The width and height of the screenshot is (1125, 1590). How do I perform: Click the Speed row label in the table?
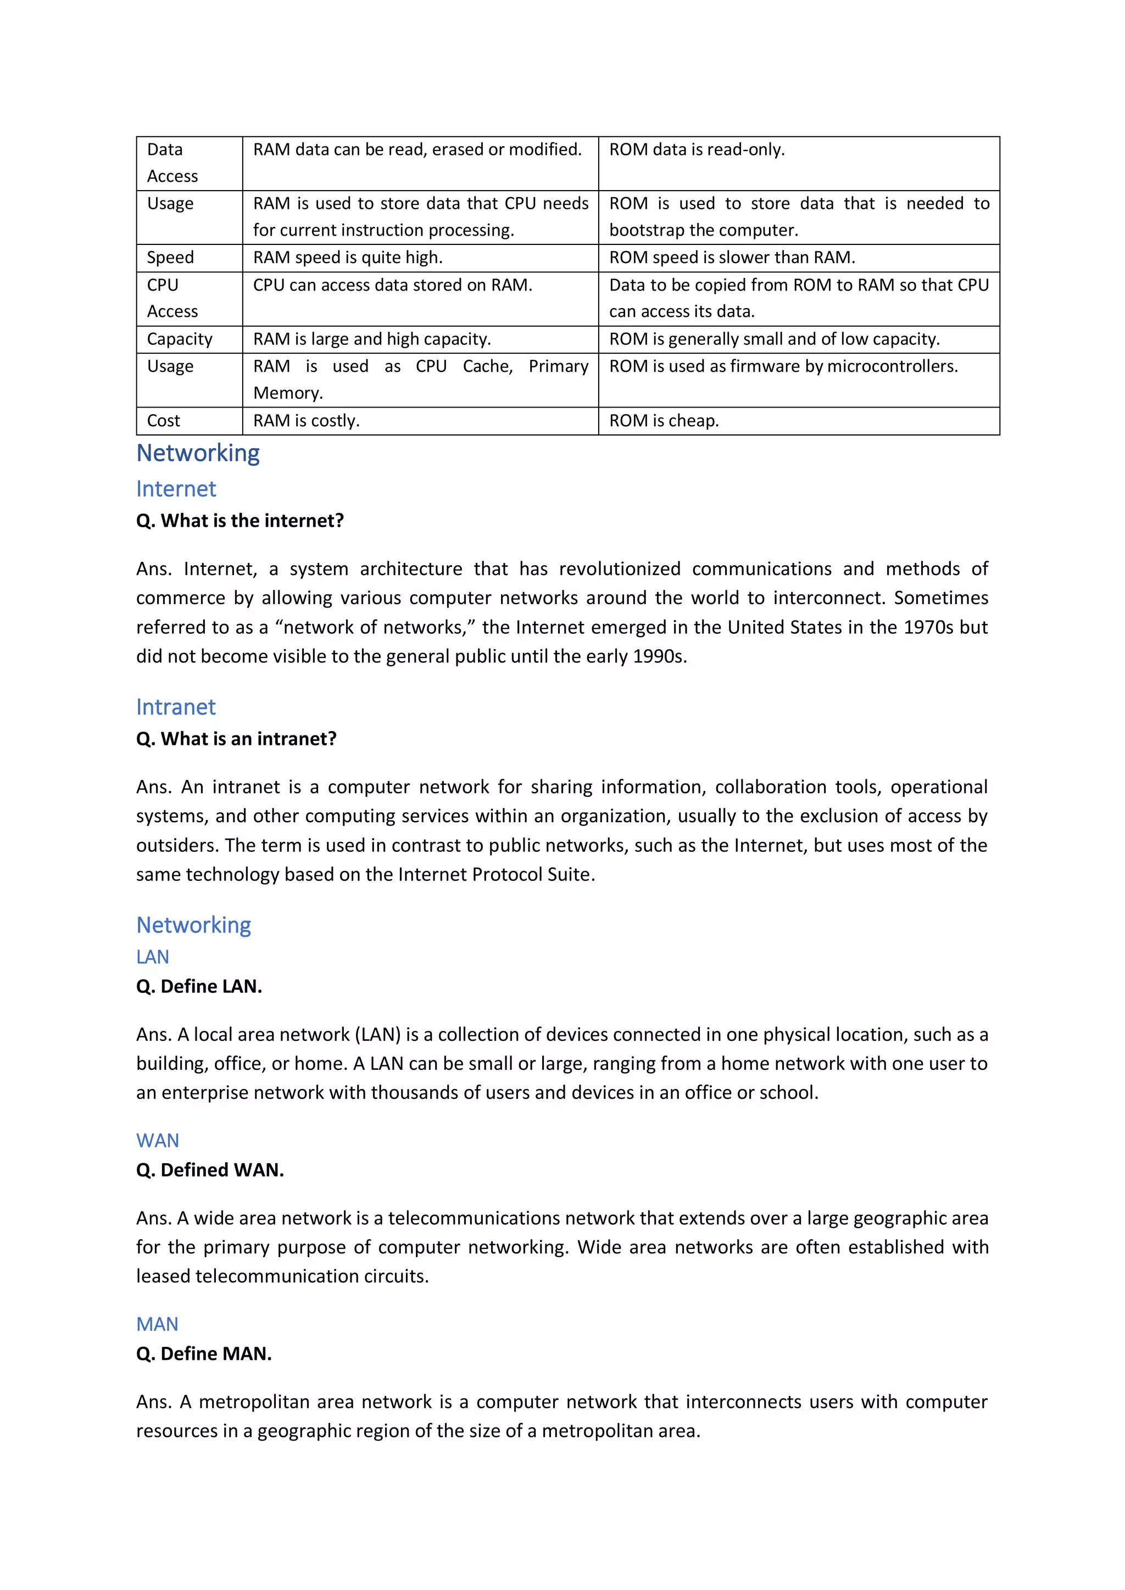coord(170,258)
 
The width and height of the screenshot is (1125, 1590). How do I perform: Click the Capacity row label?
coord(180,339)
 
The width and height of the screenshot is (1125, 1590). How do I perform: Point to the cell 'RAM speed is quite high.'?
coord(347,258)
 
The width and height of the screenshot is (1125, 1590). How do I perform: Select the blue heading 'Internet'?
coord(176,489)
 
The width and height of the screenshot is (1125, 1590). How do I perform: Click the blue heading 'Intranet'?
coord(176,707)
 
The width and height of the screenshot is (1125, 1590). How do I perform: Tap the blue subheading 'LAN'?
coord(152,957)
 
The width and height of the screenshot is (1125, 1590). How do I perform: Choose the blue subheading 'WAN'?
coord(157,1141)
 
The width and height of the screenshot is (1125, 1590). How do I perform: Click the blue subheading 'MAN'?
coord(157,1324)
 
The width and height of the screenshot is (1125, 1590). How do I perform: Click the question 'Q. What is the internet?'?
coord(240,521)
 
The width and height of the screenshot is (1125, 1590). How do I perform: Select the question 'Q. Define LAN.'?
coord(199,986)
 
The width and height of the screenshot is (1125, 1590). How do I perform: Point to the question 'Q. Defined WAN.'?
coord(210,1170)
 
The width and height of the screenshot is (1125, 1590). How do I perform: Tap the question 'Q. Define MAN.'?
coord(204,1353)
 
